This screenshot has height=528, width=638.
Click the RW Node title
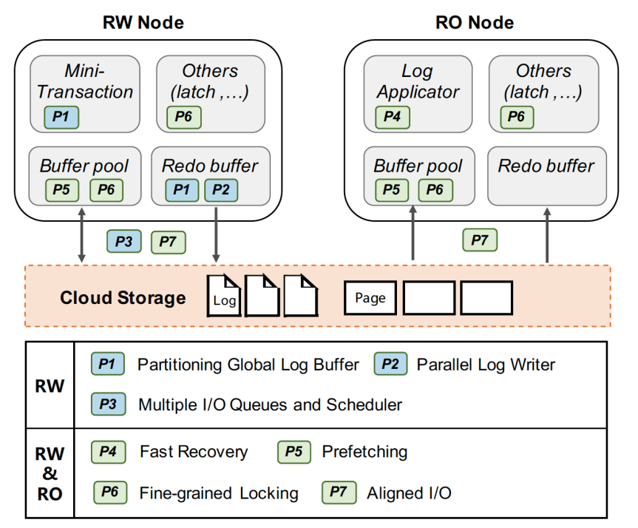(143, 22)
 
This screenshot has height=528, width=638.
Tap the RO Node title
(474, 22)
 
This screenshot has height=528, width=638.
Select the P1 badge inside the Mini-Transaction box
(61, 117)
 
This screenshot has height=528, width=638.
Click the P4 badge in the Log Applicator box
(392, 117)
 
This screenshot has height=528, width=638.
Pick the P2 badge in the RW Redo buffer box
(220, 190)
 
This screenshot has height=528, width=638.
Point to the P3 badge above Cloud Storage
(124, 241)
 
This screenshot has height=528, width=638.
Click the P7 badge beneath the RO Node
(480, 240)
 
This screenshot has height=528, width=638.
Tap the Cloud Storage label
(123, 298)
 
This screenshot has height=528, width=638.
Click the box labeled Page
(370, 298)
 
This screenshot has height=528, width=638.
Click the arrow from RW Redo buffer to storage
(216, 235)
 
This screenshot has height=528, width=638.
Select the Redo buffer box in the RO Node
(546, 175)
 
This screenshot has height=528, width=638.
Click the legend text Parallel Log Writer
(486, 364)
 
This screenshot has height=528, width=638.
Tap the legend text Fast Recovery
(194, 452)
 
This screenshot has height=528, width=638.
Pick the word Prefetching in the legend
(364, 452)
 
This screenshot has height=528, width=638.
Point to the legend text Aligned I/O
(409, 493)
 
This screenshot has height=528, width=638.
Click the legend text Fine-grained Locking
(219, 493)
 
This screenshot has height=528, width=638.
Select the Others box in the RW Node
(210, 92)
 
